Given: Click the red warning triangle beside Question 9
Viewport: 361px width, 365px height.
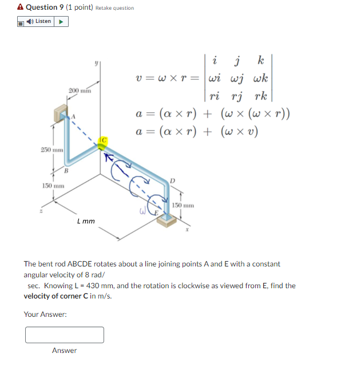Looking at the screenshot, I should [20, 7].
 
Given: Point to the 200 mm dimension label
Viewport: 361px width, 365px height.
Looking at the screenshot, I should [80, 91].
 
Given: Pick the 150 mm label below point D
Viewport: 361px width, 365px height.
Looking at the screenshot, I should [183, 205].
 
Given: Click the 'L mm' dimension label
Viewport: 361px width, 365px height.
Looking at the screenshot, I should [85, 220].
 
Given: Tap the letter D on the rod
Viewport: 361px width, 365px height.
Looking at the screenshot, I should [170, 181].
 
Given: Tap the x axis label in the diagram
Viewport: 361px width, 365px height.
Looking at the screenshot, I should [186, 231].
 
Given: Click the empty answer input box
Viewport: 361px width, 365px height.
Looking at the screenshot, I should [65, 335].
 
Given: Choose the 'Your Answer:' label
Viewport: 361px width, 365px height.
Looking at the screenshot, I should [45, 314].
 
